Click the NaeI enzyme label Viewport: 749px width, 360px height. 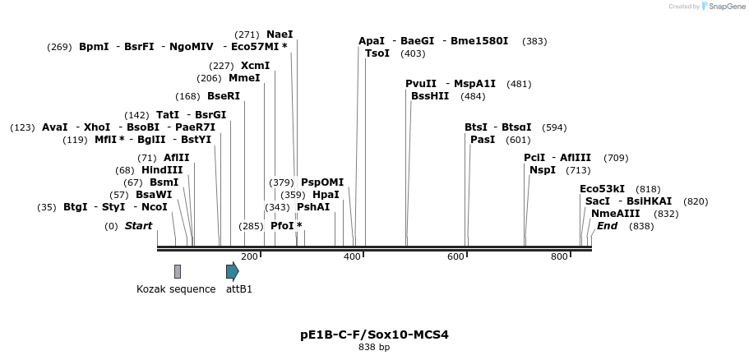(280, 35)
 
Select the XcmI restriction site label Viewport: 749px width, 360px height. (255, 66)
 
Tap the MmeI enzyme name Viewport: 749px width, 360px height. (244, 78)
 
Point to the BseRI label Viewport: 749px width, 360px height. (224, 96)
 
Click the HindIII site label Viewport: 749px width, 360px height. (162, 170)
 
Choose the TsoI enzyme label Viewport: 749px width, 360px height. (377, 53)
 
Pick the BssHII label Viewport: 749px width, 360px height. (430, 96)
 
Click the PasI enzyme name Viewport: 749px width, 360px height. (483, 140)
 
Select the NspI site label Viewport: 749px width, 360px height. (543, 170)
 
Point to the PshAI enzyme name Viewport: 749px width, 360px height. (313, 207)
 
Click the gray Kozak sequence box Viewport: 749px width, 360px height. (178, 271)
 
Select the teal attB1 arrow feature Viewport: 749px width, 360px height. (233, 271)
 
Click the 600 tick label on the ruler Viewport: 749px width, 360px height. (456, 257)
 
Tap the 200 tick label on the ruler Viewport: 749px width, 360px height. (249, 257)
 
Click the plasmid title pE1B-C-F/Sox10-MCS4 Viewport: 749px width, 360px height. (374, 335)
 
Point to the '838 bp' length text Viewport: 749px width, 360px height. (374, 348)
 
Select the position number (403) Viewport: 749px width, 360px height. (413, 53)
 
